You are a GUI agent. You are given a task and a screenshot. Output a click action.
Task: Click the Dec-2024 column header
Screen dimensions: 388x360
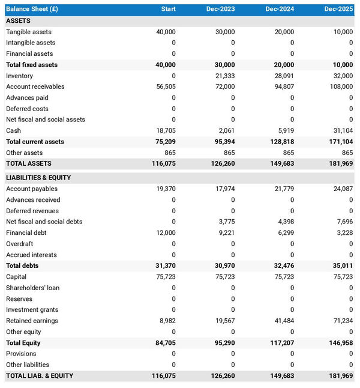(280, 10)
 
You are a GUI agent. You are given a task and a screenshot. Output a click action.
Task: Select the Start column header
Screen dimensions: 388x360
(168, 10)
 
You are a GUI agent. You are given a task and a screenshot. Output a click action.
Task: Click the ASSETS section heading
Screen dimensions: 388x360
(19, 21)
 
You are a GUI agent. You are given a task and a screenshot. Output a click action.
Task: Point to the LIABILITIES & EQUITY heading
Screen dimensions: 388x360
(38, 178)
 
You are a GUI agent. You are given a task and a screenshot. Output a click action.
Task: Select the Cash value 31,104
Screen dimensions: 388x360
(343, 130)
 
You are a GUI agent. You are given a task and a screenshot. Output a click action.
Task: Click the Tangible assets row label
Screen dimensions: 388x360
(29, 32)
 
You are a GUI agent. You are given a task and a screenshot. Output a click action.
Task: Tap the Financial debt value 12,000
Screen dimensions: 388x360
(166, 233)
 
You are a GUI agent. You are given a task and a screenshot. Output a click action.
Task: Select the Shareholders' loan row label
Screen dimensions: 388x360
(33, 288)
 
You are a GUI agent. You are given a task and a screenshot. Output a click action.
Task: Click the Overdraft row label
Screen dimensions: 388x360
(20, 244)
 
